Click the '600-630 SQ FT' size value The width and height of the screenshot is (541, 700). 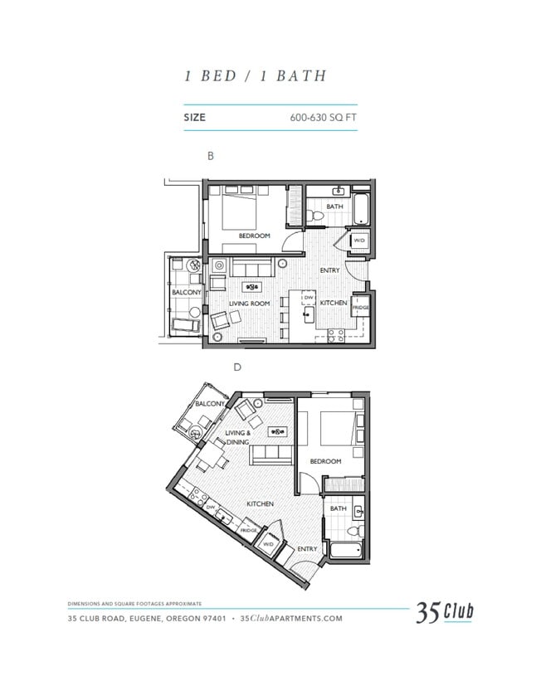[x=323, y=118]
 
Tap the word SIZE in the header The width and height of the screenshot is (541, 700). [x=194, y=118]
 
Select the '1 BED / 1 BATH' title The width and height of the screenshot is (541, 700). [x=255, y=75]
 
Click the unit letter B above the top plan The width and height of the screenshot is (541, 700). [x=211, y=155]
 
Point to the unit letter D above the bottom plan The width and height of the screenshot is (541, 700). [x=237, y=367]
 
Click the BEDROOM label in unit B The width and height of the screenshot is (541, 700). [x=254, y=236]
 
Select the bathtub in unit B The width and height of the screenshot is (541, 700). [x=362, y=209]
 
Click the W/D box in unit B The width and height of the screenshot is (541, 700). [x=359, y=241]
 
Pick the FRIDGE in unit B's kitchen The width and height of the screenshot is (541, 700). [x=360, y=307]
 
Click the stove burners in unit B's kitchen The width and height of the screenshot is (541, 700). [x=337, y=336]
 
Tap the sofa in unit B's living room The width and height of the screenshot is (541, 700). [x=252, y=269]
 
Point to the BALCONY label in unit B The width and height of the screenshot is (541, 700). [x=186, y=293]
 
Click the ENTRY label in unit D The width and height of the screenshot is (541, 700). [x=306, y=548]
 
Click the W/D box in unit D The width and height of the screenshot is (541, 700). [x=268, y=544]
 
